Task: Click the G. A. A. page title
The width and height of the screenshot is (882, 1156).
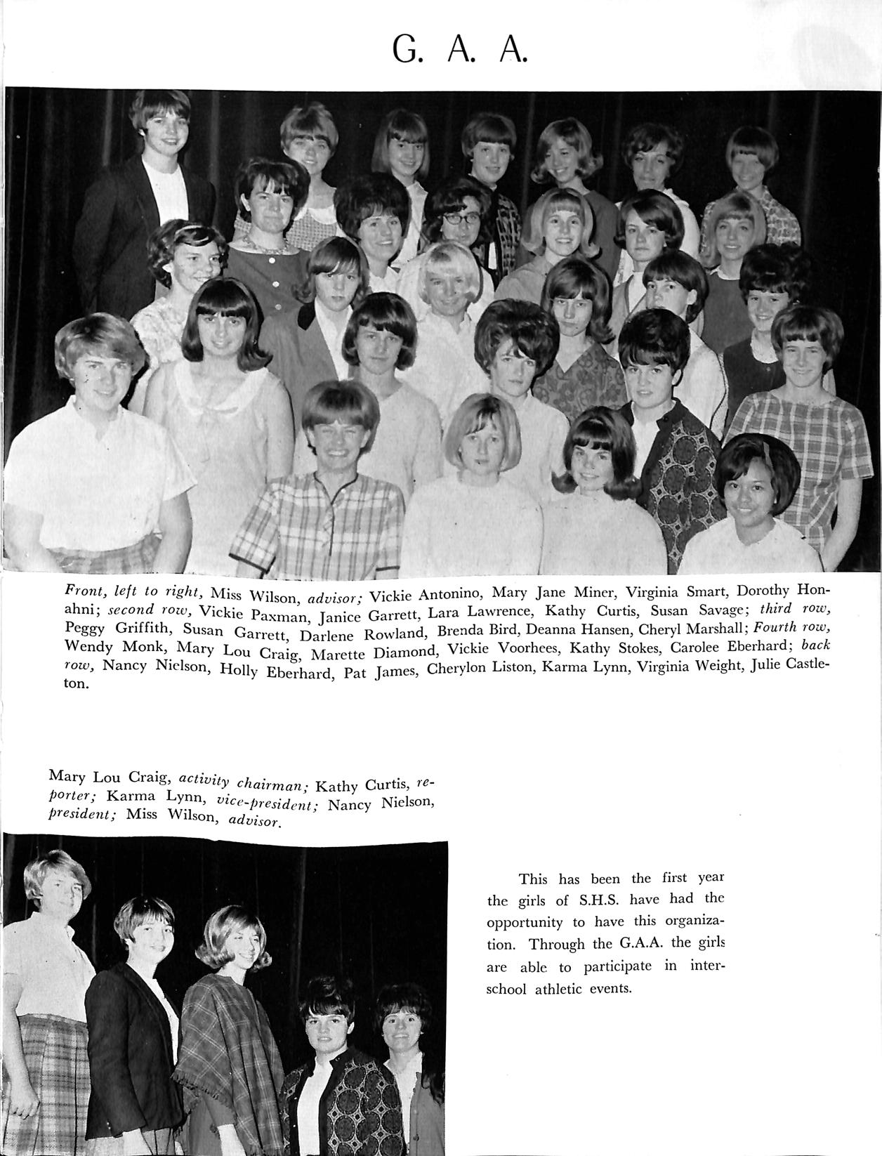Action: click(459, 48)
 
